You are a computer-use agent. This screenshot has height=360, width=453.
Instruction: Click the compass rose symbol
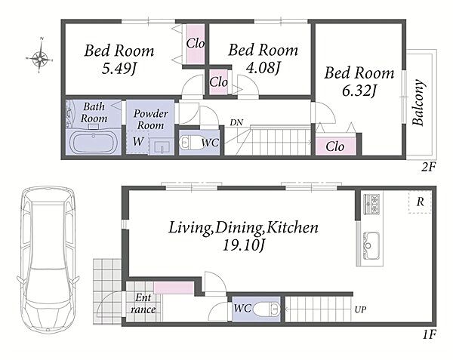[39, 58]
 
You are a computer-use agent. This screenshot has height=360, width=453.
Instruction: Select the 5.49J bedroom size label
[119, 69]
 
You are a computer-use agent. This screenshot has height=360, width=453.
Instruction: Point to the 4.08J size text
[263, 68]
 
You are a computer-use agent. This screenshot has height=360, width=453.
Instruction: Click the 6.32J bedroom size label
[359, 91]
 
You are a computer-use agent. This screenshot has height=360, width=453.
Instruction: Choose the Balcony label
[418, 103]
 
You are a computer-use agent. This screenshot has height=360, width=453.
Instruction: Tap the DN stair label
[236, 122]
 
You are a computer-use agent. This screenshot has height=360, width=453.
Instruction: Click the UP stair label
[360, 309]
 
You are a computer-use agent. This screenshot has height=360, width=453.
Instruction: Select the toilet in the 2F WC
[190, 143]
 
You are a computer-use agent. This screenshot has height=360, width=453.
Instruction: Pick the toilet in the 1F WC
[267, 309]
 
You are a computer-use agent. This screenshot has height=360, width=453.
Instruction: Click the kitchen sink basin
[371, 245]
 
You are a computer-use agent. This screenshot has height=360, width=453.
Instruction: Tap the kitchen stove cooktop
[371, 204]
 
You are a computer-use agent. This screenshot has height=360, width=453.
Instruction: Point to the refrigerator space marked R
[420, 202]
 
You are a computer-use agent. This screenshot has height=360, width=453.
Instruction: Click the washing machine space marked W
[138, 142]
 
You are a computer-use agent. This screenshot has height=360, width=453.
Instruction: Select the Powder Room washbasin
[162, 146]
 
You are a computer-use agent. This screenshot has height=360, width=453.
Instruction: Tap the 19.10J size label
[244, 246]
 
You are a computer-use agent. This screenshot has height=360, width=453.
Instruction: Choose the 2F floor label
[428, 167]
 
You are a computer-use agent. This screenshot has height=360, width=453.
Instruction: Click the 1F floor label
[429, 334]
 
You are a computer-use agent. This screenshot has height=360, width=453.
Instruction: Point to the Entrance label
[143, 303]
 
